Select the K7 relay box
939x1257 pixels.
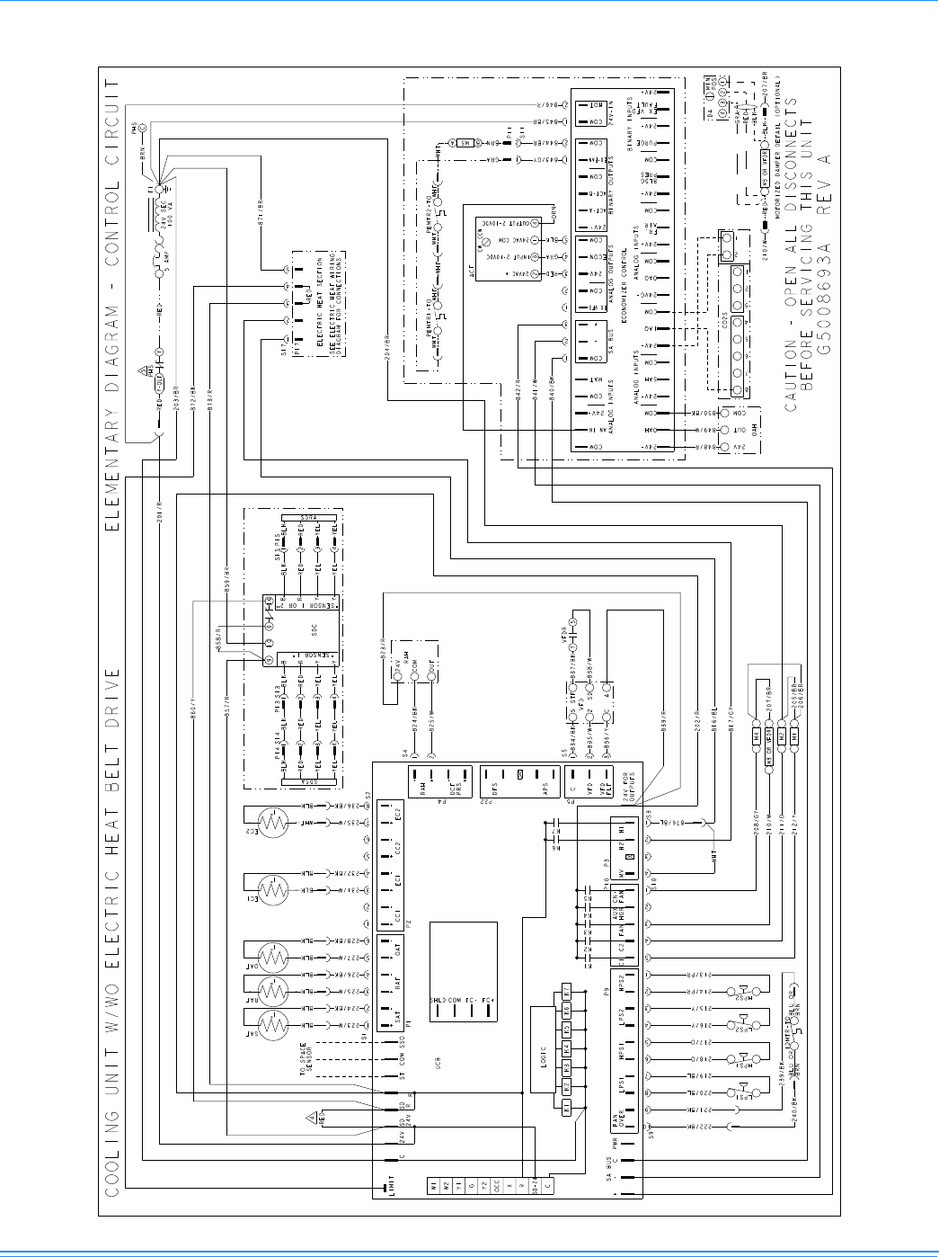(x=566, y=990)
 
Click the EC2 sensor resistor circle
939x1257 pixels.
(x=273, y=821)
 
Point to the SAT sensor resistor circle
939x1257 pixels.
(x=273, y=1024)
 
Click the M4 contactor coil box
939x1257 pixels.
(x=757, y=735)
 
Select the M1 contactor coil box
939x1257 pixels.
(x=794, y=735)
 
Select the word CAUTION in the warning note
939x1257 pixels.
(x=791, y=383)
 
